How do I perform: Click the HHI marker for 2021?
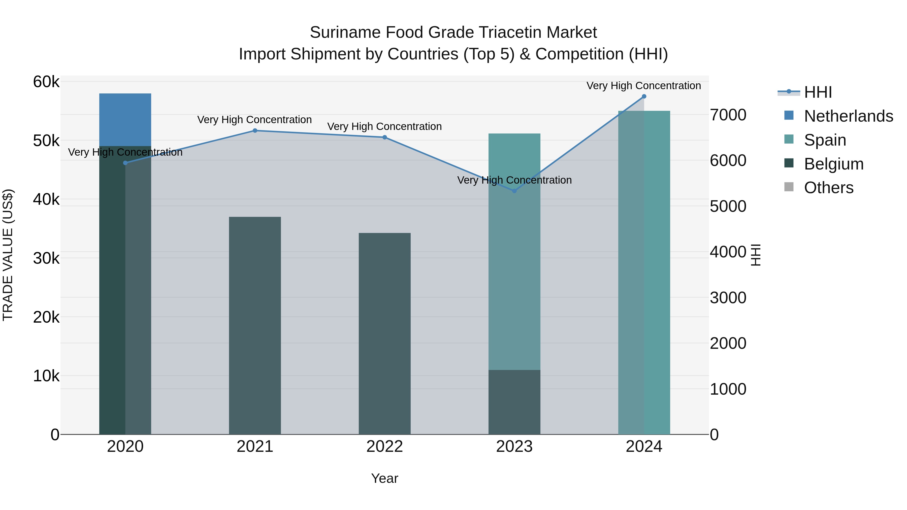[255, 130]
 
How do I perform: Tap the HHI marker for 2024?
[644, 96]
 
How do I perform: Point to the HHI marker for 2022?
[384, 137]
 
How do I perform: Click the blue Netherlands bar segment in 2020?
[125, 119]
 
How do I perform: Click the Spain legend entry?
[825, 140]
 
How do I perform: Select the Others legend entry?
[828, 188]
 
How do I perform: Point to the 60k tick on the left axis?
[46, 82]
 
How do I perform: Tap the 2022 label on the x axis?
[384, 447]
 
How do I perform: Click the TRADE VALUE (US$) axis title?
[8, 255]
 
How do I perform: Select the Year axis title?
[384, 478]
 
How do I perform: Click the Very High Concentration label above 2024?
[644, 86]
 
